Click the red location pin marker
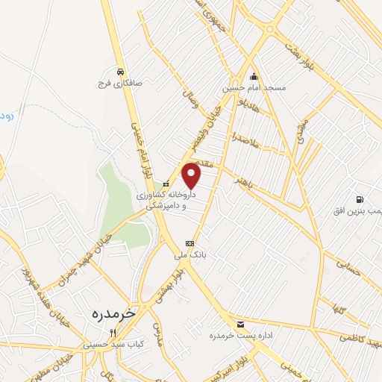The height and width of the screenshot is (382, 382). (x=192, y=176)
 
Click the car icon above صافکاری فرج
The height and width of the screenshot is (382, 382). (x=119, y=72)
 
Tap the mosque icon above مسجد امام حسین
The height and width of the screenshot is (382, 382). (x=254, y=75)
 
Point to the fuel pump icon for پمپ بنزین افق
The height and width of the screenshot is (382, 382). (x=360, y=199)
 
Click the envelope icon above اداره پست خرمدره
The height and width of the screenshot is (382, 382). (x=240, y=324)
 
